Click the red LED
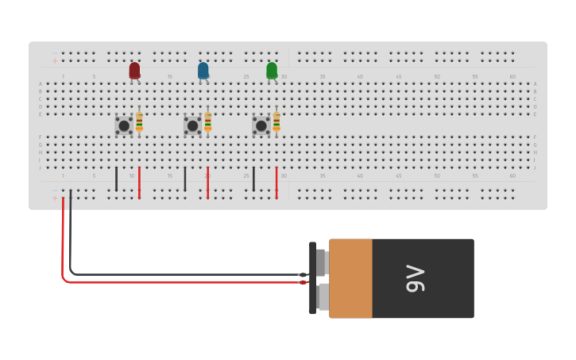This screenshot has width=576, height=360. point(134,71)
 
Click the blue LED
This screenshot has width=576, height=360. point(203,71)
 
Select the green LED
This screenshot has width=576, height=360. point(272,71)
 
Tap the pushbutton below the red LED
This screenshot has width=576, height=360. point(124,126)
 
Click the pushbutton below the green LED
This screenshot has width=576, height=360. point(261,126)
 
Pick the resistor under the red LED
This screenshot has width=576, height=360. point(139,122)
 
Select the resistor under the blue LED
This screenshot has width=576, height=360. point(208,122)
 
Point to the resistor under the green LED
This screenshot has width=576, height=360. point(276,122)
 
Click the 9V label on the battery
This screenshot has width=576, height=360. point(416,279)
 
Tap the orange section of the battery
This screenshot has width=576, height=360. point(350,278)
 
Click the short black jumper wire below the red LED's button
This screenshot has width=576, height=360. point(116,179)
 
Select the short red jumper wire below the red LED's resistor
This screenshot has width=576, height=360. point(139,182)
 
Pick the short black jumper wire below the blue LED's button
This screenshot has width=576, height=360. point(185,179)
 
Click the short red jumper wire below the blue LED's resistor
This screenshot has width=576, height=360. point(208,182)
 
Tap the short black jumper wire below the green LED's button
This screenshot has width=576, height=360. point(253,179)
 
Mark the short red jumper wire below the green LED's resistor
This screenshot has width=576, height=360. point(276,182)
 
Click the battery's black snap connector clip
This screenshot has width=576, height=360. point(313,278)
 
